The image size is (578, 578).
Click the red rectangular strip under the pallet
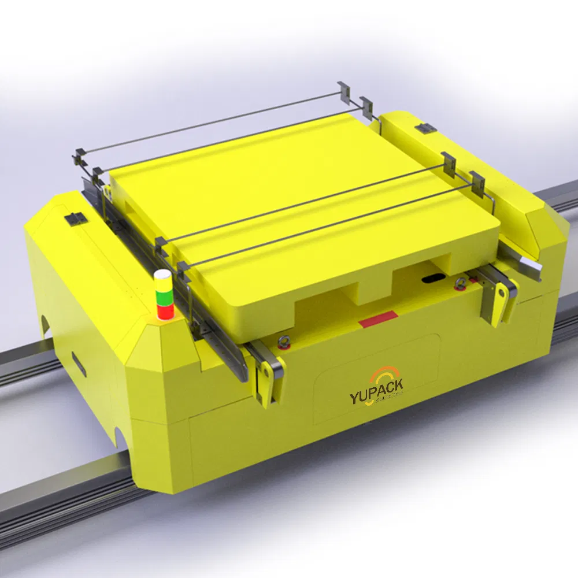378,317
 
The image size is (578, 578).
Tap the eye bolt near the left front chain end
283,343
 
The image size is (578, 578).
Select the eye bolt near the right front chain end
461,283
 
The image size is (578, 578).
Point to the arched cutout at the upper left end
44,324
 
